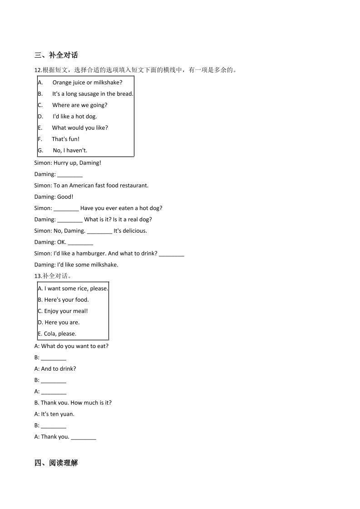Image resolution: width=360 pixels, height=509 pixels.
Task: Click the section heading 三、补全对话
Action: pos(56,55)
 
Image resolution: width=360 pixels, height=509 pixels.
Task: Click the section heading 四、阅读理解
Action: pos(56,463)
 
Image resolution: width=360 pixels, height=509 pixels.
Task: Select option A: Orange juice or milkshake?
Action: pos(87,83)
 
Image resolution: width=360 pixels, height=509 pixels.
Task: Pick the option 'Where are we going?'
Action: pos(79,105)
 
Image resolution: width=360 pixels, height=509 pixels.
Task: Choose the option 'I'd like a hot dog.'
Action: pos(74,117)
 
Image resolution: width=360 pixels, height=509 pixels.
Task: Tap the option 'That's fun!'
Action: pos(65,139)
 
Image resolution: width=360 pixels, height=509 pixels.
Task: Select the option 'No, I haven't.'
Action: pos(70,151)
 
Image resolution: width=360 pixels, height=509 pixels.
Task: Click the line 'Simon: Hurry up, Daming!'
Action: pos(68,163)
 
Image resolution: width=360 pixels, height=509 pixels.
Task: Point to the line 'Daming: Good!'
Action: pos(54,197)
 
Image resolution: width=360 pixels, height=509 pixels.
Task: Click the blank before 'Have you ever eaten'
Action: pos(66,209)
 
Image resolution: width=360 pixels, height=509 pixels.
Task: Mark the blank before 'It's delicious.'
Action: pos(99,231)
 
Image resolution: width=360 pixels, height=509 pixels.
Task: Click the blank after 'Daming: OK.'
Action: pos(80,243)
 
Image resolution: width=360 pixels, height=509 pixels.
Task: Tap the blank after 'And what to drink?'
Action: pos(172,254)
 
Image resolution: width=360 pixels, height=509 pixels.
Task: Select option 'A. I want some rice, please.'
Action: pos(73,289)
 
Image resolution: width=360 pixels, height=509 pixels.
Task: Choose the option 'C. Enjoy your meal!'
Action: pos(63,311)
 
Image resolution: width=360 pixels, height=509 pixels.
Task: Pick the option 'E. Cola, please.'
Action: pos(57,334)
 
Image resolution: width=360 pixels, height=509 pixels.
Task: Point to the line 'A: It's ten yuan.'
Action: pos(54,414)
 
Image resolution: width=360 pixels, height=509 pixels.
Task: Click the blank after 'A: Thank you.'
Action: pos(84,437)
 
